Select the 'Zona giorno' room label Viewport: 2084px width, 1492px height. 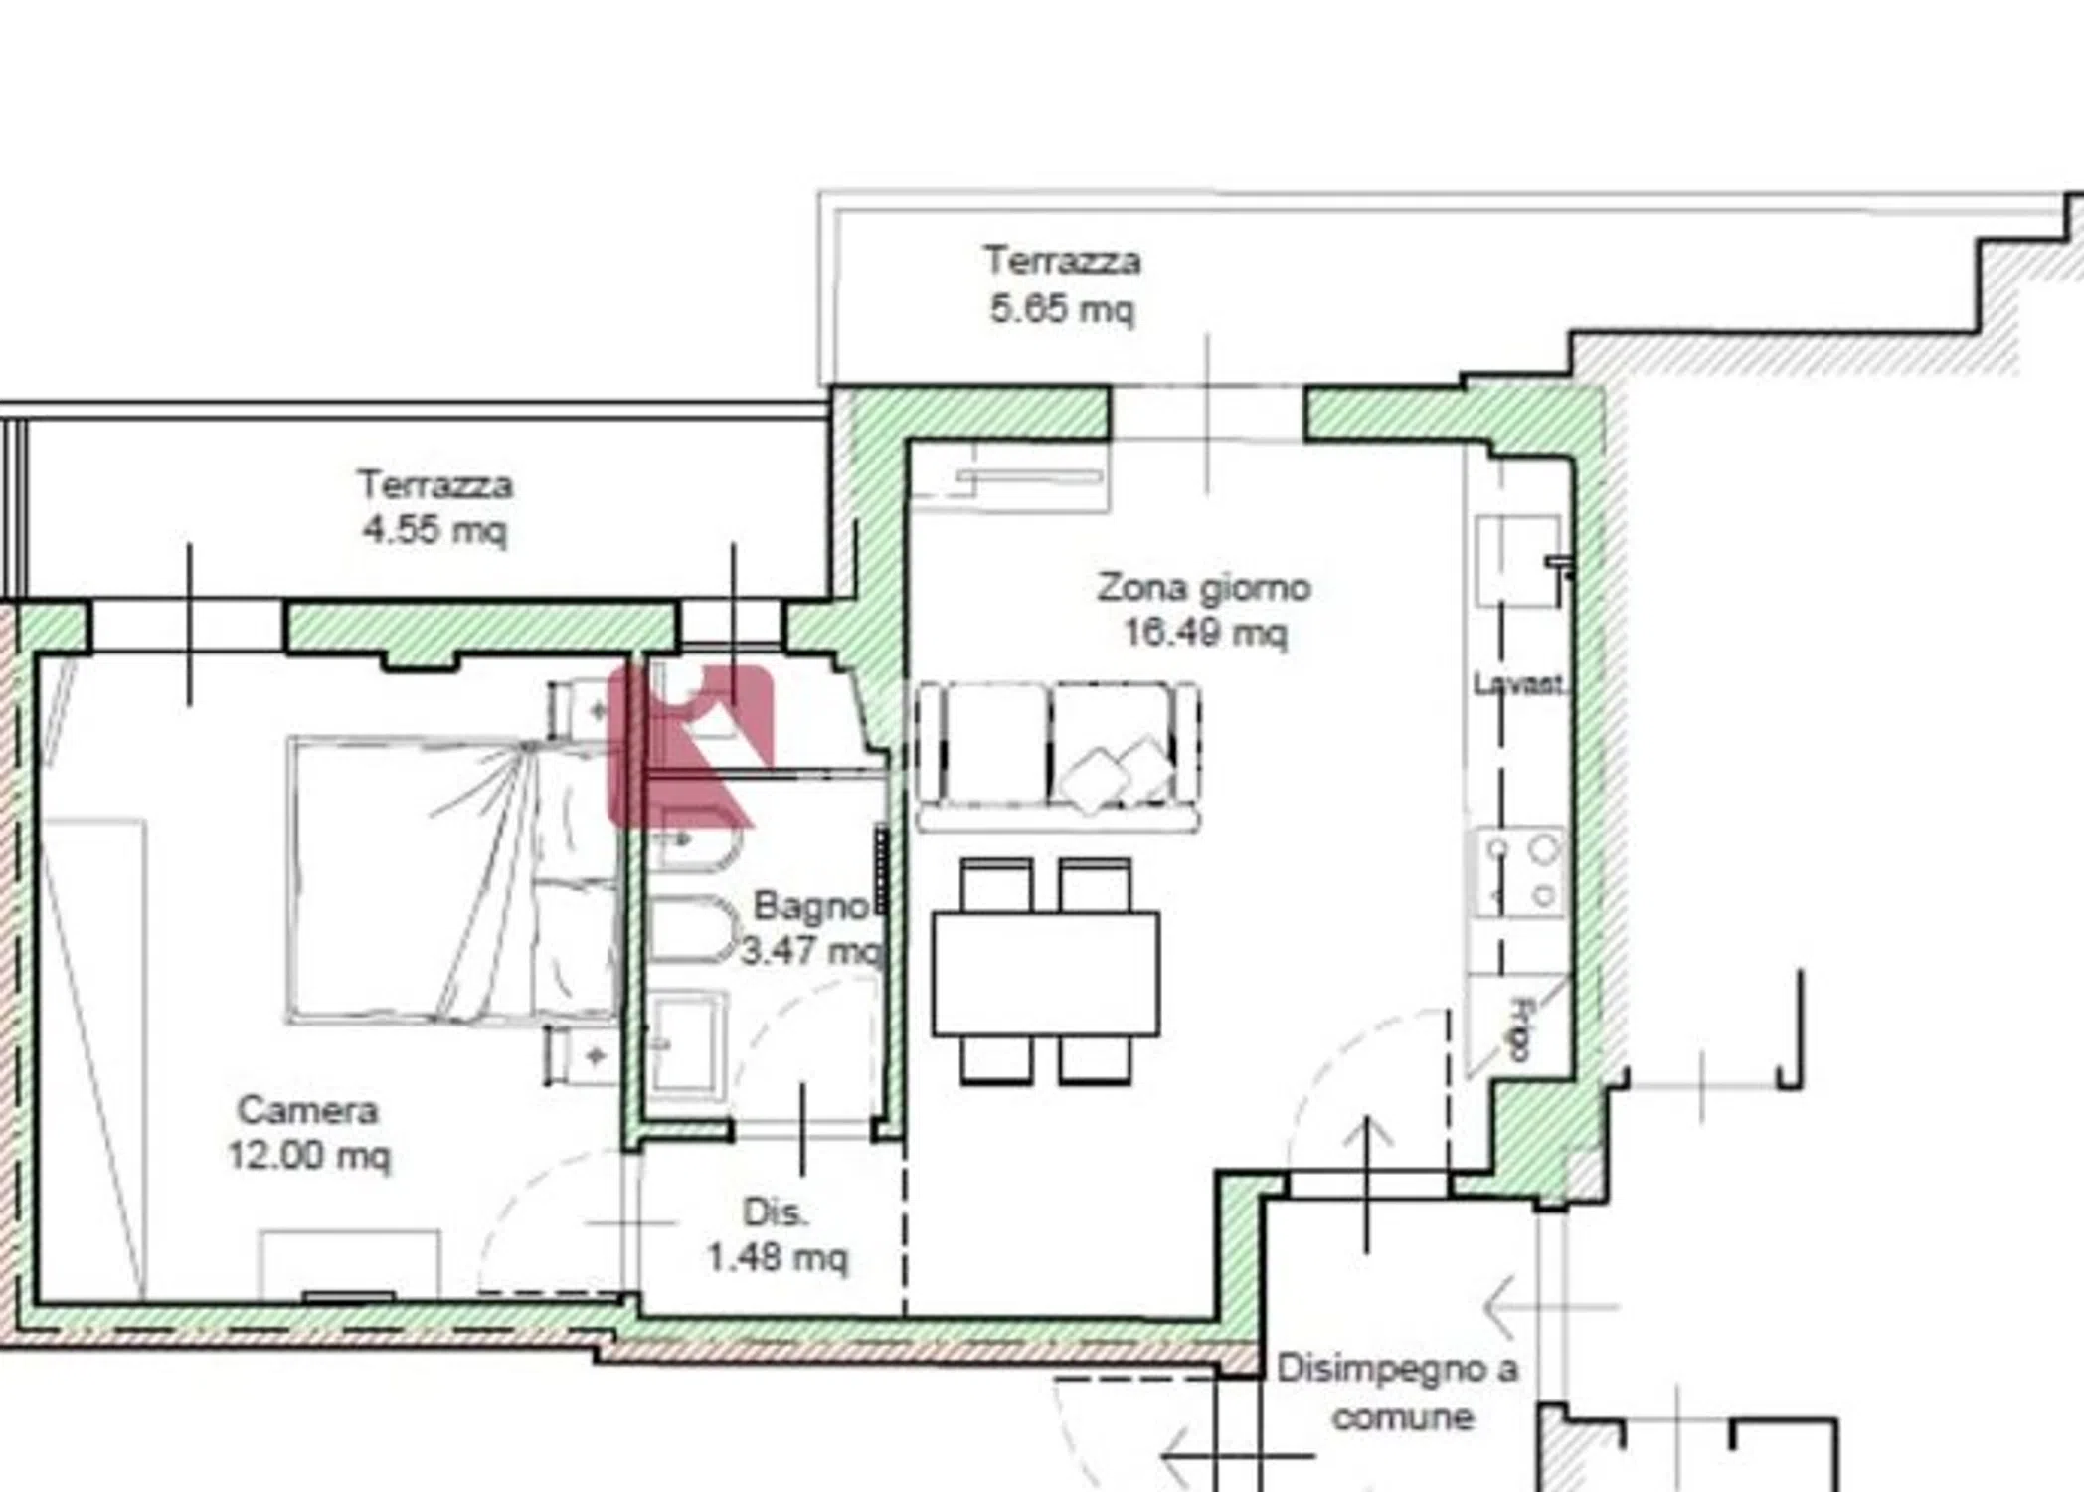(x=1204, y=587)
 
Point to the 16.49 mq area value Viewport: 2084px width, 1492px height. (x=1205, y=632)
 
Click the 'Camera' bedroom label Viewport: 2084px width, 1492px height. (x=307, y=1109)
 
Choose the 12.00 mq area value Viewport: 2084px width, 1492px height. (x=309, y=1155)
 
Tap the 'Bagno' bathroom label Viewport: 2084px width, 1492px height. (x=810, y=905)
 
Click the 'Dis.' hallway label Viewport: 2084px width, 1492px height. (x=776, y=1212)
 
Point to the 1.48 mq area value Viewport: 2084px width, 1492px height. (x=778, y=1257)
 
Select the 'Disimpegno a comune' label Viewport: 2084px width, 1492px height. (x=1398, y=1393)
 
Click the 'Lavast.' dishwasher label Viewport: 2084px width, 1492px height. (x=1518, y=684)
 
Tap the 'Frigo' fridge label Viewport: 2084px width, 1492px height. (x=1519, y=1029)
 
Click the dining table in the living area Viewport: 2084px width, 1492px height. (x=1046, y=973)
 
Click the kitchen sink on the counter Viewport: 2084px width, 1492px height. (x=1518, y=560)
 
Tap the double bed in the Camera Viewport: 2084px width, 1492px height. (x=453, y=879)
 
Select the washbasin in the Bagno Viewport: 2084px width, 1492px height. (x=686, y=1044)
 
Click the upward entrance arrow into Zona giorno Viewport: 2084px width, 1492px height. (x=1368, y=1184)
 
